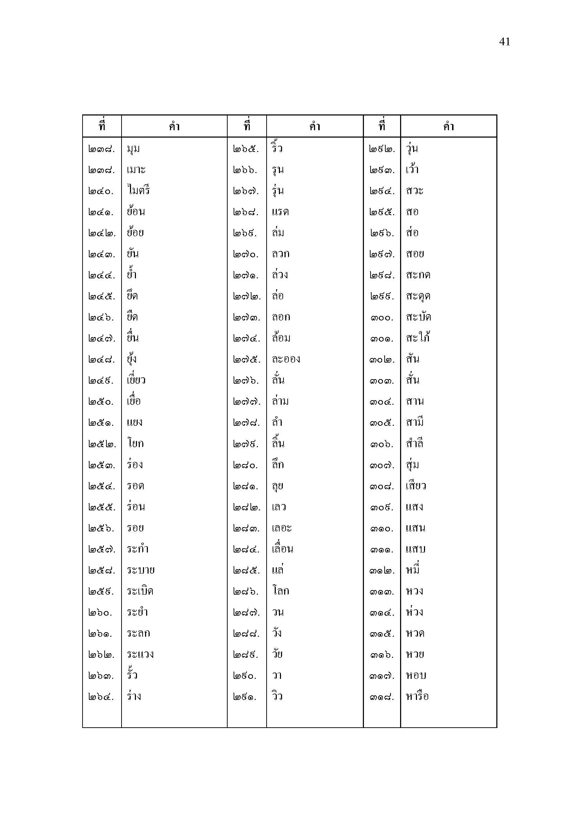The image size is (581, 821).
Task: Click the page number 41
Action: (x=504, y=42)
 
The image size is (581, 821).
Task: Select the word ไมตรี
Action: (x=138, y=191)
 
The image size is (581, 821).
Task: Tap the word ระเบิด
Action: (x=140, y=591)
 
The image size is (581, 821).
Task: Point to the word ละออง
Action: (x=286, y=359)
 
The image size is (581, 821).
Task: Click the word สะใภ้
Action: (x=418, y=338)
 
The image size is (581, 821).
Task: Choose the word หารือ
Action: (x=417, y=696)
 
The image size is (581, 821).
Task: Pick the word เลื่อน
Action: (x=282, y=549)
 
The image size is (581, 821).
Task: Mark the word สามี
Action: (x=414, y=422)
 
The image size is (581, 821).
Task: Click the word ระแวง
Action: (x=140, y=654)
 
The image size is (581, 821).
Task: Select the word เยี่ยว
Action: (x=136, y=380)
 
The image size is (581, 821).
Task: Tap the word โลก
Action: (x=280, y=591)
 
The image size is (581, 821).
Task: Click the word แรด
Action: (x=280, y=212)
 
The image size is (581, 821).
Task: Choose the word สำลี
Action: (x=414, y=443)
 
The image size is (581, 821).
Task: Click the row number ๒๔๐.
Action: (x=101, y=191)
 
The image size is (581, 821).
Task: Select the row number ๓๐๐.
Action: (x=382, y=318)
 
